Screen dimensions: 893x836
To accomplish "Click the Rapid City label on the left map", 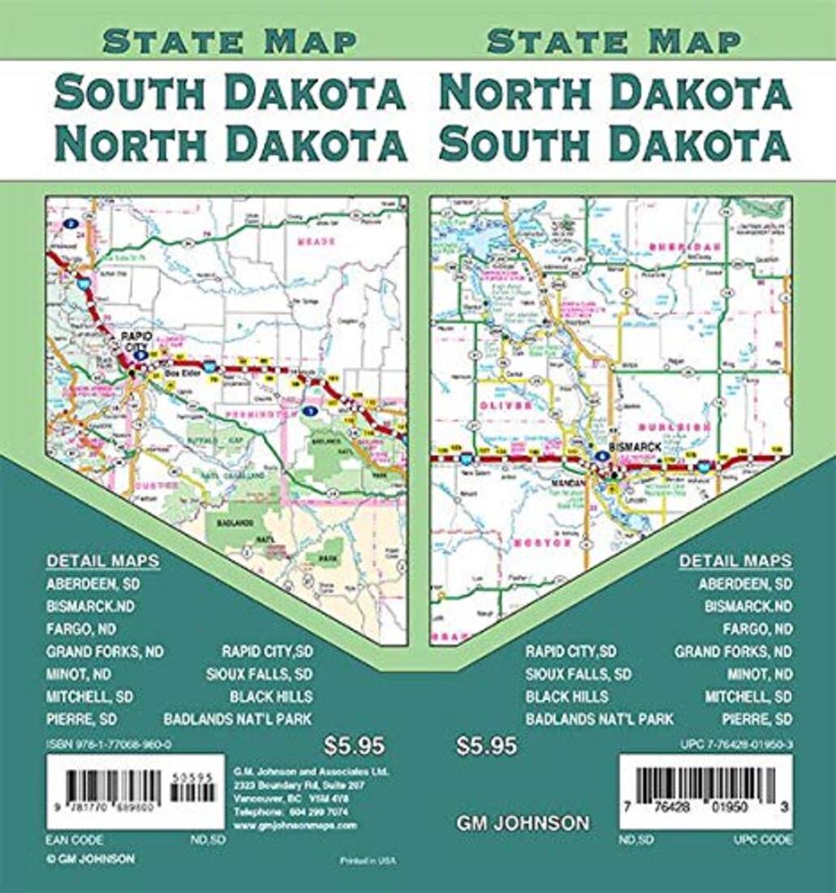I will [131, 339].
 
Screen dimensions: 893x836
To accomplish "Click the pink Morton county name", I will [543, 542].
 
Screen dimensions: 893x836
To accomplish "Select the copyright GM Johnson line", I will [91, 858].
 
